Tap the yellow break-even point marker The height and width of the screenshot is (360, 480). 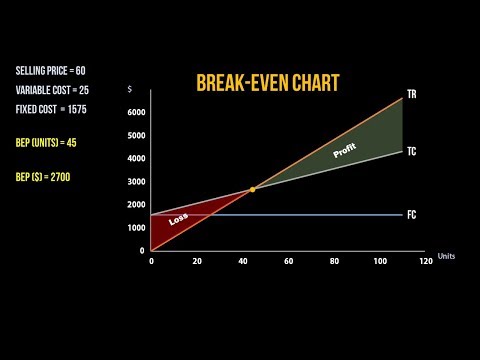pyautogui.click(x=253, y=189)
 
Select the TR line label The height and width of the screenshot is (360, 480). pyautogui.click(x=411, y=95)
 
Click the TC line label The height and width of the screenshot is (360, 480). pyautogui.click(x=411, y=151)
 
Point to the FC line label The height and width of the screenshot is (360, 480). pyautogui.click(x=411, y=215)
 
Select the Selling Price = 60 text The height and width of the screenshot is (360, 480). pyautogui.click(x=52, y=72)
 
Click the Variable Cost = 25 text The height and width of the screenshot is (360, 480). pyautogui.click(x=52, y=90)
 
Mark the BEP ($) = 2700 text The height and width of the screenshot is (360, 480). pyautogui.click(x=44, y=177)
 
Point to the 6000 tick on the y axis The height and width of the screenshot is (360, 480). pyautogui.click(x=137, y=112)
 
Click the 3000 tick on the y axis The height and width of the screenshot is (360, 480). pyautogui.click(x=137, y=181)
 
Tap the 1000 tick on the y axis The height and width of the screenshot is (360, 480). pyautogui.click(x=137, y=227)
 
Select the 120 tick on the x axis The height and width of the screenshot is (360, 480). pyautogui.click(x=425, y=262)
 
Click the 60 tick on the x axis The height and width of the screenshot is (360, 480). pyautogui.click(x=288, y=262)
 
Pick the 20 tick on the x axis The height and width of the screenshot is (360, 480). pyautogui.click(x=197, y=262)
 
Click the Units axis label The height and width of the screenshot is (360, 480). pyautogui.click(x=446, y=256)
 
